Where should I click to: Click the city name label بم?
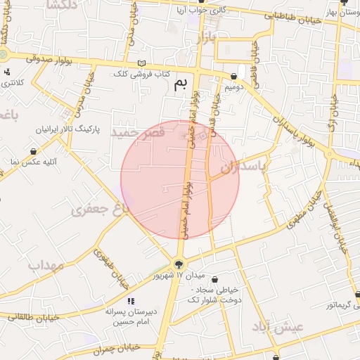[x=181, y=86]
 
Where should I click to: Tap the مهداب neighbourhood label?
[x=46, y=266]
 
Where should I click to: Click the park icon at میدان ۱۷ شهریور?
[x=180, y=264]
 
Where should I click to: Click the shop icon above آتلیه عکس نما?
[x=34, y=150]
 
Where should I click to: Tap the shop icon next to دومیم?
[x=234, y=76]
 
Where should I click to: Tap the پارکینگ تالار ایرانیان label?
[x=68, y=131]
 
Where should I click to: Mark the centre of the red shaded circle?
[x=180, y=179]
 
